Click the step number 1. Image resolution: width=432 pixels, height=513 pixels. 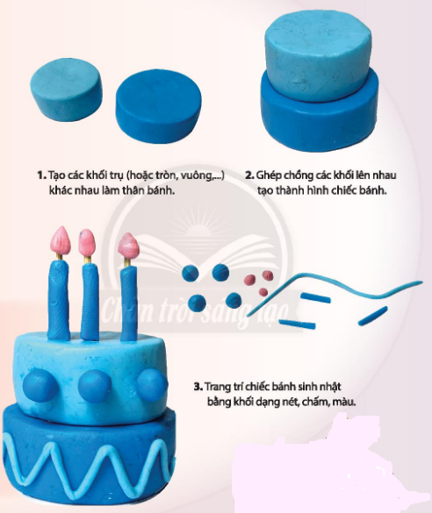[41, 175]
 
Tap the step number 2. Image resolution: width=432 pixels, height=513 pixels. [249, 175]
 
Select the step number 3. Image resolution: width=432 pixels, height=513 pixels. [198, 387]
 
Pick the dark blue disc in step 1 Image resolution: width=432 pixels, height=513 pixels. [158, 106]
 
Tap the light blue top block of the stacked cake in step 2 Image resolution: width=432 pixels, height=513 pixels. [318, 55]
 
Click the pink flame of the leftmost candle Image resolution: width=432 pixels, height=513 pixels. [61, 240]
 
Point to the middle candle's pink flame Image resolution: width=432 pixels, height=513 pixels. [87, 242]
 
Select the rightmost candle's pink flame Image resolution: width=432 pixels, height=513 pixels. [128, 246]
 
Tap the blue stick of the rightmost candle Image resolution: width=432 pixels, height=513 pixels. [128, 303]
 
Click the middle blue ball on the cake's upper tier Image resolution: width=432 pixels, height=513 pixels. [95, 386]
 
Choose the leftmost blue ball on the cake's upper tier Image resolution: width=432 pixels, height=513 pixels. [40, 385]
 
